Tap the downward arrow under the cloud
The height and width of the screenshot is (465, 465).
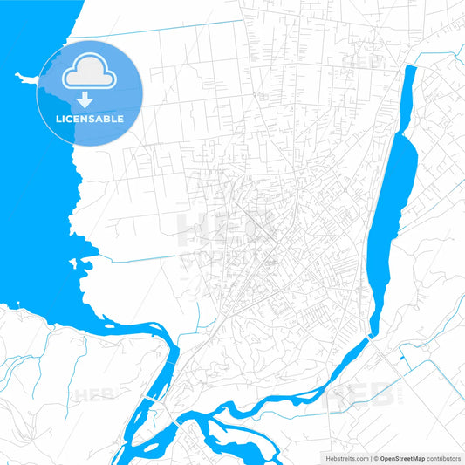click(89, 99)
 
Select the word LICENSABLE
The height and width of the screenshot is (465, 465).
click(89, 119)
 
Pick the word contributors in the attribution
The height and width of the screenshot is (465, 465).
click(441, 457)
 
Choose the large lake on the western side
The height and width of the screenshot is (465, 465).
click(35, 174)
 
